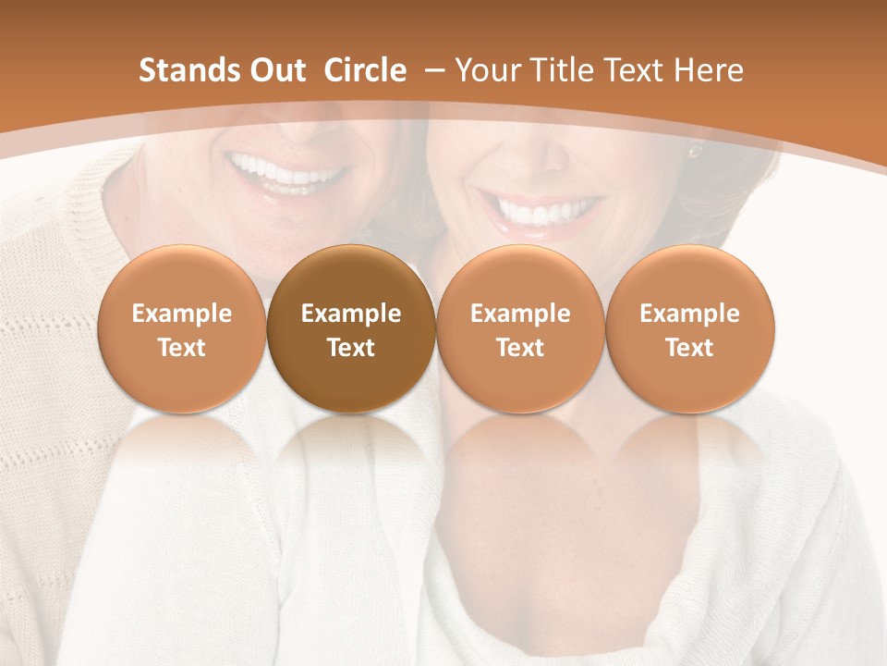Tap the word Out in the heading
click(x=276, y=70)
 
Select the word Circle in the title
click(x=365, y=70)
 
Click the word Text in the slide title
click(x=633, y=70)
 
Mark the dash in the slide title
click(x=431, y=70)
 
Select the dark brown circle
click(x=351, y=329)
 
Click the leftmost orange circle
click(x=181, y=329)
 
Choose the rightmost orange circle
click(x=689, y=329)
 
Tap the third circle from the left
click(x=520, y=329)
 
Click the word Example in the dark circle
click(x=351, y=314)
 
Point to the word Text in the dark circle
click(x=351, y=348)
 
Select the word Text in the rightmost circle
click(x=689, y=348)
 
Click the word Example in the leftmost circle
click(x=181, y=314)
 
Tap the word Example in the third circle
click(x=520, y=314)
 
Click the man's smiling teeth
click(x=288, y=171)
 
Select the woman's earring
click(x=695, y=150)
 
